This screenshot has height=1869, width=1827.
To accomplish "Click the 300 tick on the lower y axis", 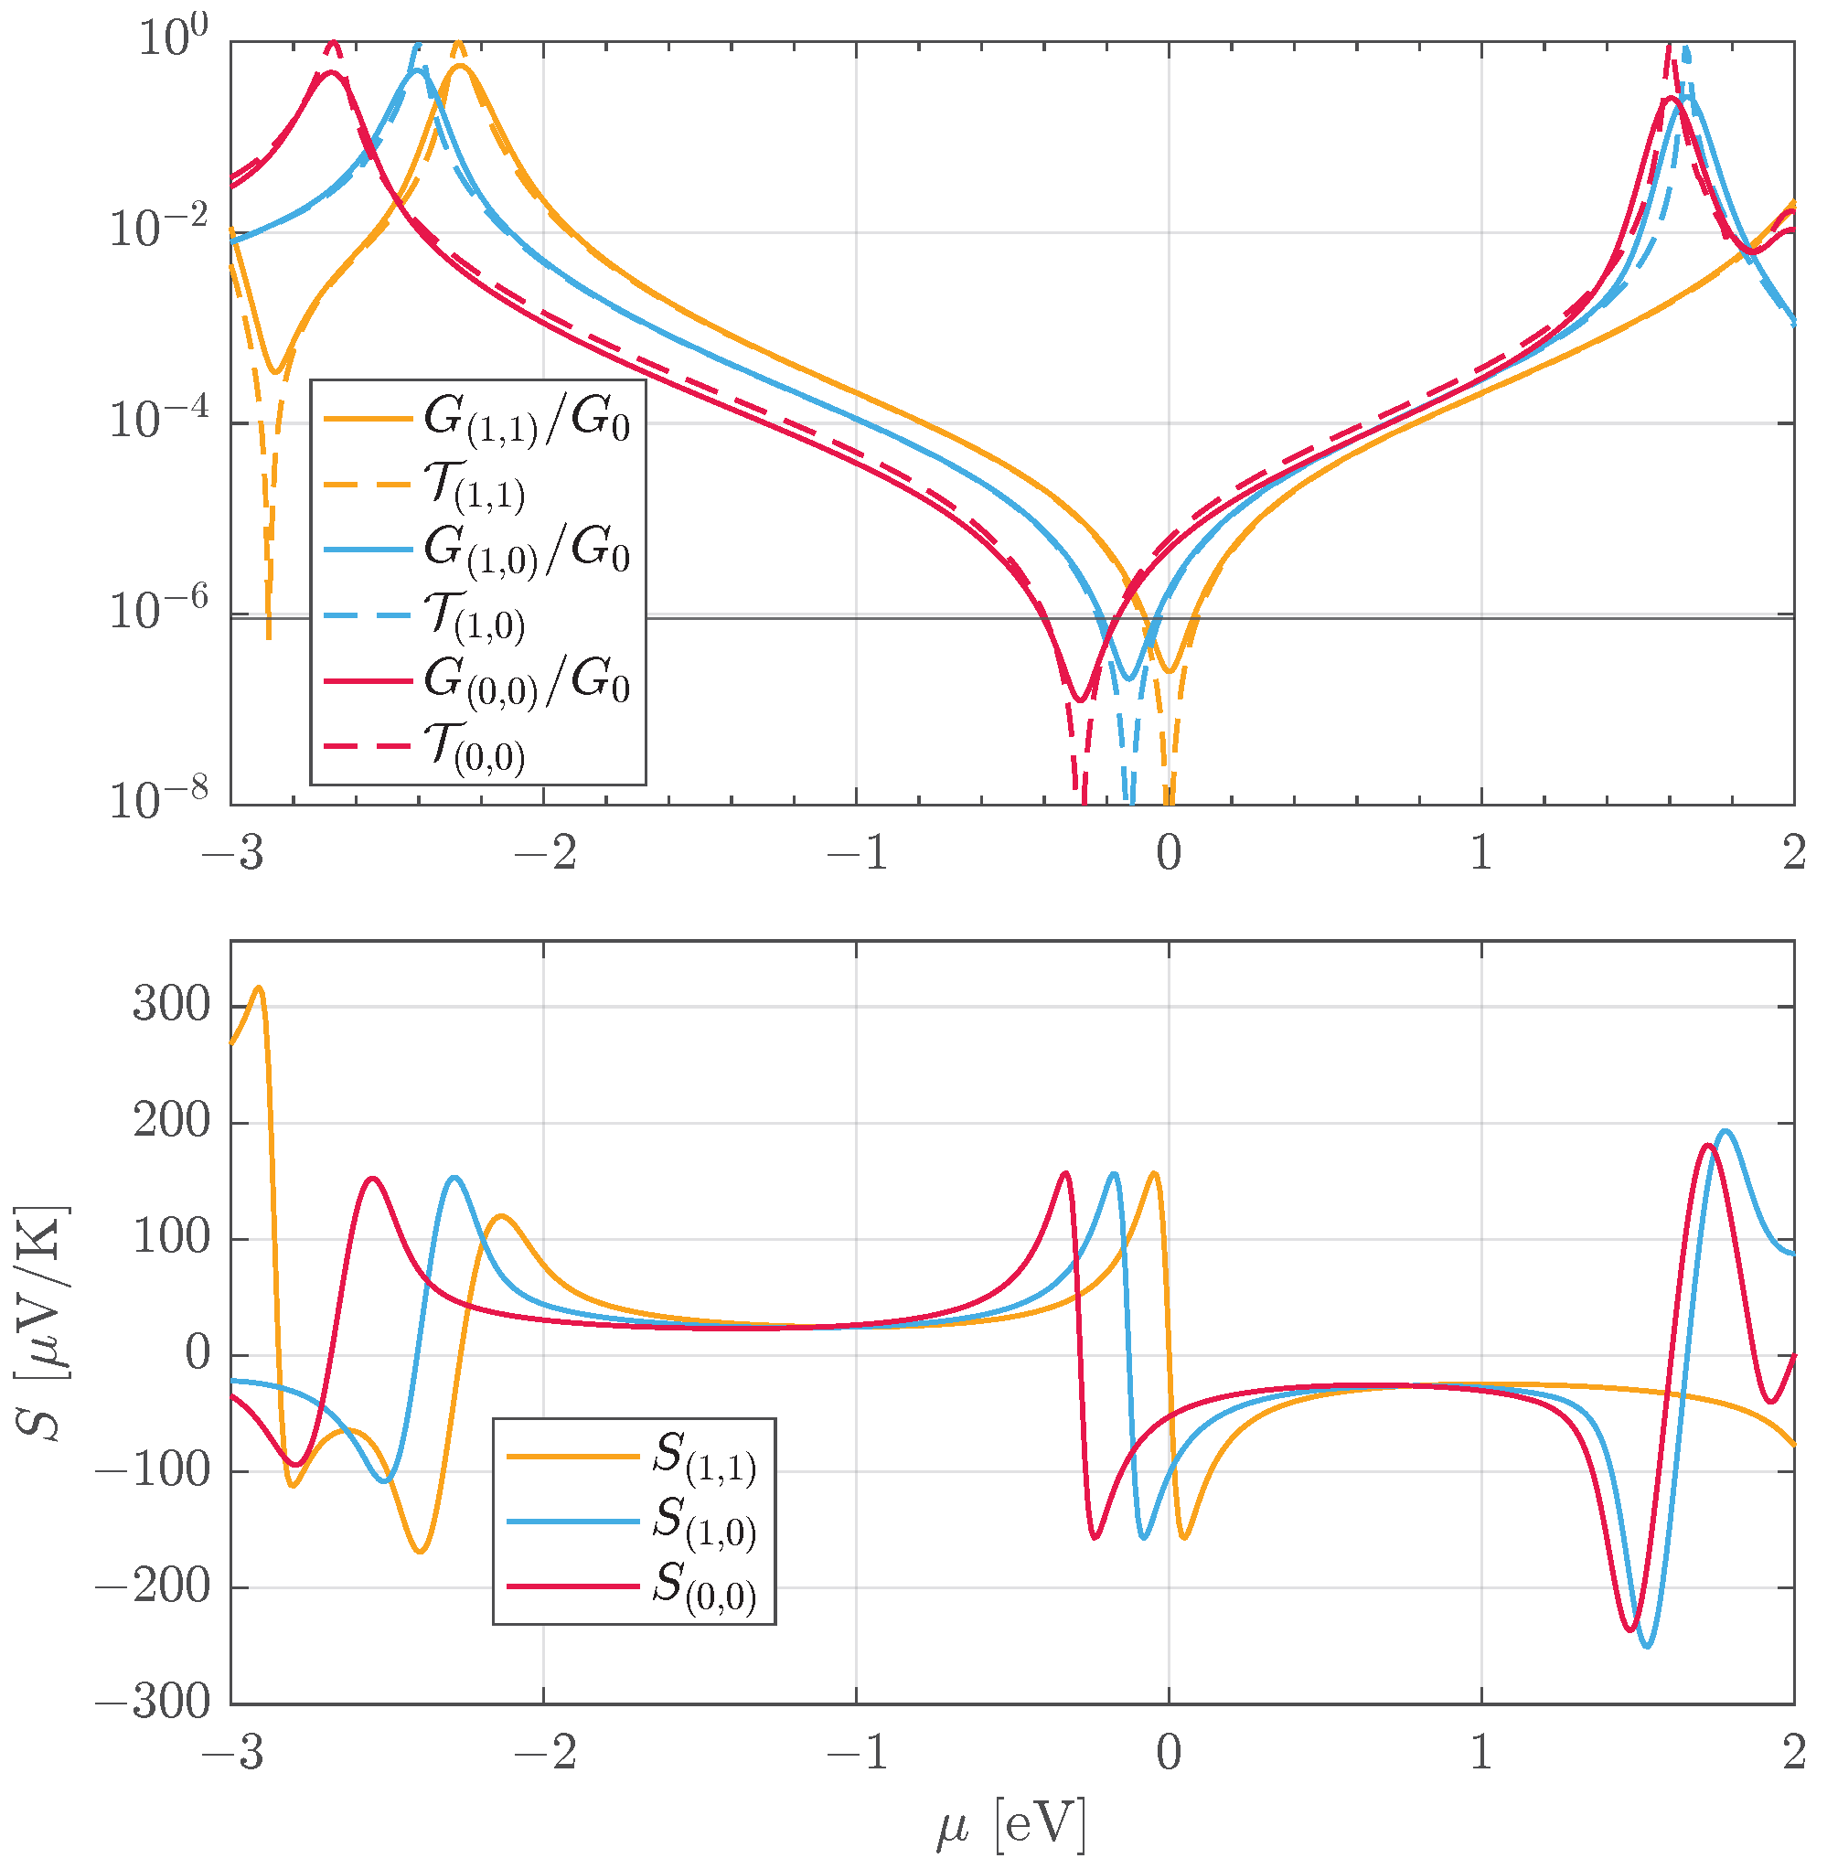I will [171, 1005].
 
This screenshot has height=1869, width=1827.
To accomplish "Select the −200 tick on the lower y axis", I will [154, 1587].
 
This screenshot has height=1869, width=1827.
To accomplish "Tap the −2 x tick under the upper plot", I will [544, 852].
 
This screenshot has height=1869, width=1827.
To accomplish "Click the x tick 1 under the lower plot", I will [1480, 1753].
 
